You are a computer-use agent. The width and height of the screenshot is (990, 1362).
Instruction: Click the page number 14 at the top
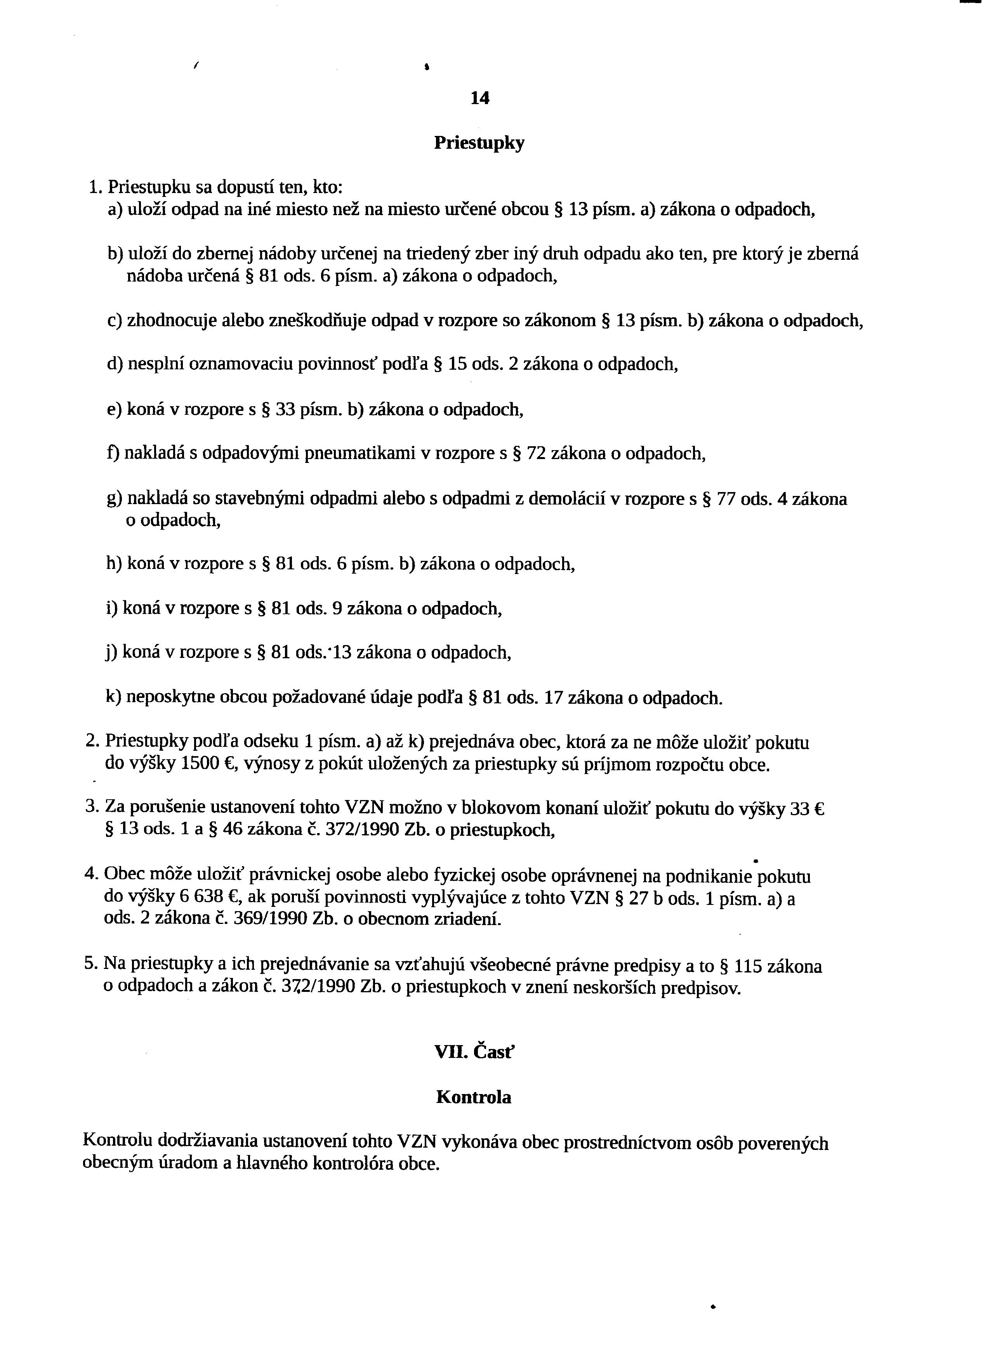click(480, 98)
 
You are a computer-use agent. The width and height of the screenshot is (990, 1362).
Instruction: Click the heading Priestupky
click(479, 143)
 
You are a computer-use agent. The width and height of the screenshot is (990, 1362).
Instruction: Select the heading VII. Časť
click(474, 1053)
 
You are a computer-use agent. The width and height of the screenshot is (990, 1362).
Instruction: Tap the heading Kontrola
click(474, 1097)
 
